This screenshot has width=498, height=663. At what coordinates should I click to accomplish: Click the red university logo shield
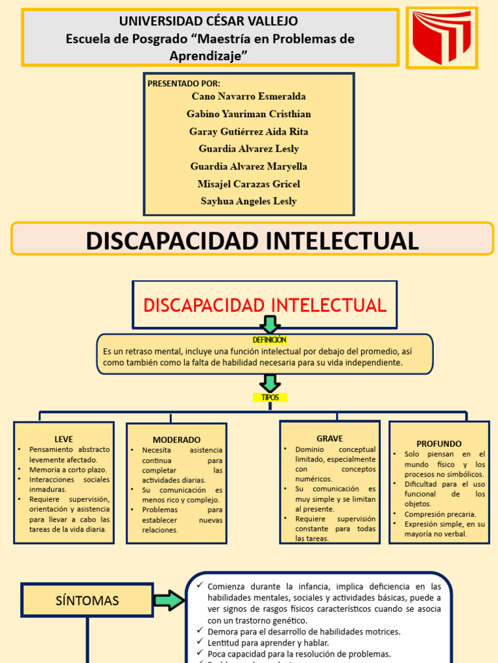pyautogui.click(x=442, y=38)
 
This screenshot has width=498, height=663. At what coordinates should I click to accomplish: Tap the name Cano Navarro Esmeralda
pyautogui.click(x=248, y=96)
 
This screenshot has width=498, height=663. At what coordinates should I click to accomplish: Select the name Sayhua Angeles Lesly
pyautogui.click(x=248, y=201)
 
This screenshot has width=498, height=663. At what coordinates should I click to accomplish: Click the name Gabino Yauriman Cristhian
pyautogui.click(x=248, y=114)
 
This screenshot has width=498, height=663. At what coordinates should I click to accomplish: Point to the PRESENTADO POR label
pyautogui.click(x=184, y=84)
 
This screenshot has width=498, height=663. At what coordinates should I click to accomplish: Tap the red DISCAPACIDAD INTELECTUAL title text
pyautogui.click(x=265, y=305)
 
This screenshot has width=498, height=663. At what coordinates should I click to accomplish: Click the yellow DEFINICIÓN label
pyautogui.click(x=269, y=340)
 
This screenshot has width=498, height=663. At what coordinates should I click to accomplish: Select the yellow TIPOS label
pyautogui.click(x=270, y=398)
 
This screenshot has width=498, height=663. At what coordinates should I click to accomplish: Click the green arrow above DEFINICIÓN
pyautogui.click(x=270, y=324)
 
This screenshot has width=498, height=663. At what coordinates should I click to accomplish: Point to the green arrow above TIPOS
pyautogui.click(x=270, y=383)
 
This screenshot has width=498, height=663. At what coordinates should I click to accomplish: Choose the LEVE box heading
pyautogui.click(x=64, y=439)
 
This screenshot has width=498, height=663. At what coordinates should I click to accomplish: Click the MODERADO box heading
pyautogui.click(x=176, y=440)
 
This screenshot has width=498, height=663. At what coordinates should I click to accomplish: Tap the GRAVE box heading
pyautogui.click(x=329, y=439)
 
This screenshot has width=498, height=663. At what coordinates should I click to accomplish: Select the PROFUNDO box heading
pyautogui.click(x=439, y=444)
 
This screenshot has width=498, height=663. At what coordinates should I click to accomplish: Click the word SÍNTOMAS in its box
pyautogui.click(x=87, y=601)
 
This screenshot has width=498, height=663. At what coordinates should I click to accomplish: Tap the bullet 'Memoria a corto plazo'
pyautogui.click(x=68, y=469)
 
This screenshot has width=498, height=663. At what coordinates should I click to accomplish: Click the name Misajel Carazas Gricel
pyautogui.click(x=248, y=184)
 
